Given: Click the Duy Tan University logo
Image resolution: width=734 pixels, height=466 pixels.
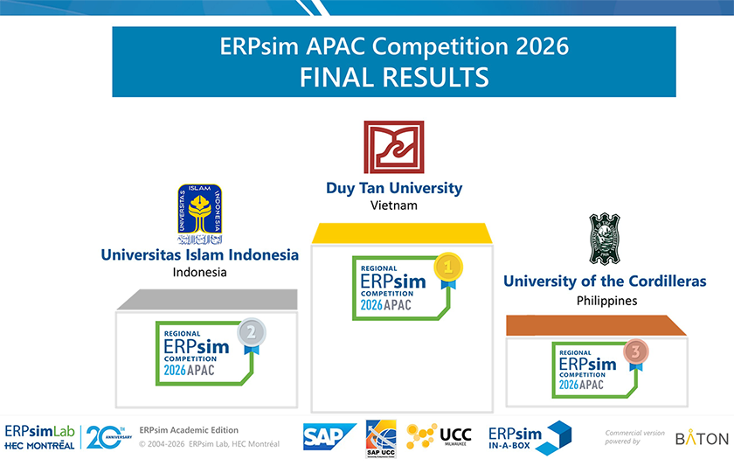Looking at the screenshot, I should pos(393,147).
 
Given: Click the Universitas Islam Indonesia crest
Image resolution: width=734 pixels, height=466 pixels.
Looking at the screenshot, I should pos(199,214).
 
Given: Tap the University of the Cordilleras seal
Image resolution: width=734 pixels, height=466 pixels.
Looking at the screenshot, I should pos(604,239).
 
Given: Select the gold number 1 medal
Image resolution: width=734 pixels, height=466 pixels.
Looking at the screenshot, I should pos(448,266).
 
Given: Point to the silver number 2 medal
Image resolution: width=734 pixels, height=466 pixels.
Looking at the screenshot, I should pos(252,333).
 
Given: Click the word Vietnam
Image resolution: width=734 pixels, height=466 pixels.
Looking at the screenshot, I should pos(393,205).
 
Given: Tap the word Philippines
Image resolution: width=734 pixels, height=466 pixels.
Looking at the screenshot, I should pos(606,300).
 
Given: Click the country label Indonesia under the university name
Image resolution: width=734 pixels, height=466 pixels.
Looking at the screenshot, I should pos(199,272).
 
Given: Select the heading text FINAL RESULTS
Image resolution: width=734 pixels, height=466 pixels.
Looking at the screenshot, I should pos(393,77).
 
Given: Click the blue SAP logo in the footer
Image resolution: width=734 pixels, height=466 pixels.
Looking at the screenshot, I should pos(329,436).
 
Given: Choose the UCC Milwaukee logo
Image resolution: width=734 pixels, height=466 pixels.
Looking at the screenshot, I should pos(440,435).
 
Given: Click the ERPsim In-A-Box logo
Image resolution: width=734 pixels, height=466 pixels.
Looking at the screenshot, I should pos(529,435).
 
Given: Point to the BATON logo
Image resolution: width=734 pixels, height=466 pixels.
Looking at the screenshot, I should pos(702,438).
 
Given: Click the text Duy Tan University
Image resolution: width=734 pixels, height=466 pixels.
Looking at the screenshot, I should pos(393,188).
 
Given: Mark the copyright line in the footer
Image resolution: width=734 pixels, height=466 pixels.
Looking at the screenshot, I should pos(210,444).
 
